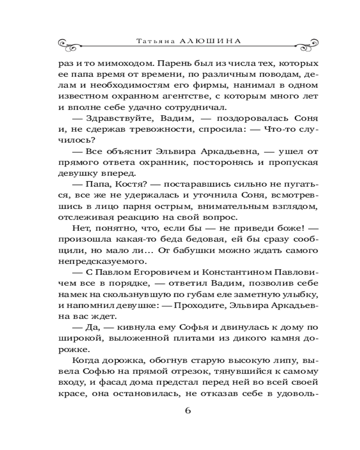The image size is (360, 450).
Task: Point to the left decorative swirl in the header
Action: (72, 44)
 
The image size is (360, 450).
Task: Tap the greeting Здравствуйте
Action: (112, 118)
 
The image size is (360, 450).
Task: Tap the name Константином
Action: (236, 272)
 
